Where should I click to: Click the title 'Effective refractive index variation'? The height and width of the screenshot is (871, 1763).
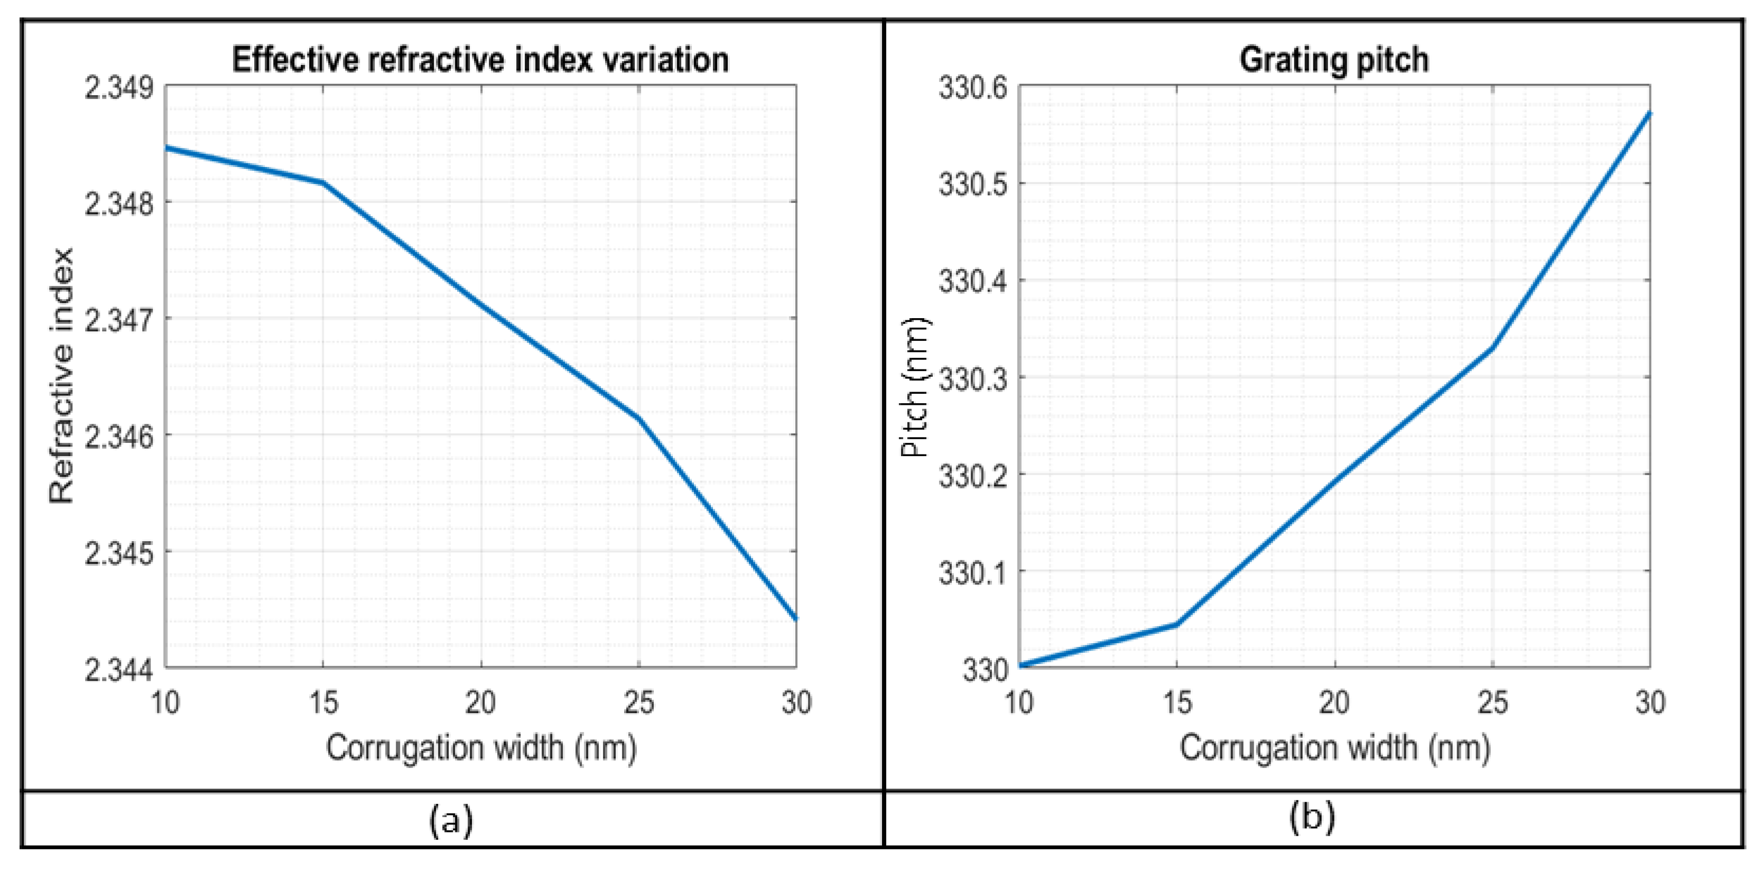tap(480, 60)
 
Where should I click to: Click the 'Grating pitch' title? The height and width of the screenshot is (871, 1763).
tap(1334, 60)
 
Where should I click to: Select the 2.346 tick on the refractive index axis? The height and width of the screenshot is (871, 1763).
tap(119, 437)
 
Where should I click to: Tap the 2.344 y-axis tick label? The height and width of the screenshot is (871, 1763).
tap(119, 670)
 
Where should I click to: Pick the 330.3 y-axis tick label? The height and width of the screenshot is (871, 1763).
tap(972, 379)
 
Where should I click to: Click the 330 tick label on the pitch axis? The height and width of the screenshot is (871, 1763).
tap(986, 670)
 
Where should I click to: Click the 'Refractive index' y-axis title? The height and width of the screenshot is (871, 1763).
tap(62, 376)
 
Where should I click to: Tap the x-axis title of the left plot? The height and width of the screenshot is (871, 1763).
tap(480, 748)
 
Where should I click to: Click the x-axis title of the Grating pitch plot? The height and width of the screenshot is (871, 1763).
tap(1334, 748)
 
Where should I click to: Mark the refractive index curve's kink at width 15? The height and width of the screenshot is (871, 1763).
tap(323, 183)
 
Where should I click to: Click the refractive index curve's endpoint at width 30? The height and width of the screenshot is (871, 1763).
tap(795, 618)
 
